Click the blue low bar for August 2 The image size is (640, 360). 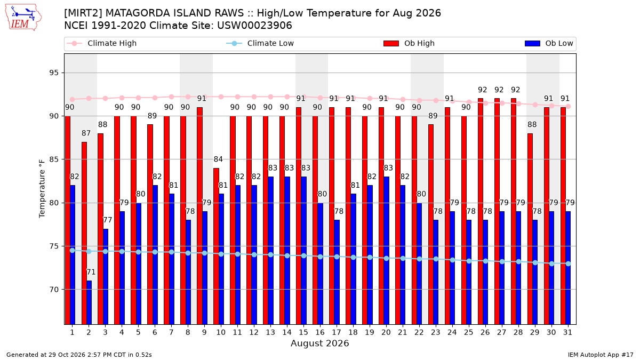click(89, 302)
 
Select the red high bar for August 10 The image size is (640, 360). click(217, 246)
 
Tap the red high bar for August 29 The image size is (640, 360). click(530, 229)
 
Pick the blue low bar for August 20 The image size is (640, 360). click(386, 251)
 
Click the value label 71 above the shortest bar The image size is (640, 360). click(91, 272)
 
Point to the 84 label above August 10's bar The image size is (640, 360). click(218, 159)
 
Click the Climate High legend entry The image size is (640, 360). click(101, 43)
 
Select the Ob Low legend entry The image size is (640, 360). click(549, 43)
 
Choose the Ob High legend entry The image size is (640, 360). click(409, 43)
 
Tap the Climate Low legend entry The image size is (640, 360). click(260, 43)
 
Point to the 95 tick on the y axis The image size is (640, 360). click(54, 73)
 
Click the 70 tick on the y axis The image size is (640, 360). click(54, 290)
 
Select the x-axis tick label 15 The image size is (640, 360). click(303, 332)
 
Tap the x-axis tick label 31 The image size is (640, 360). click(567, 332)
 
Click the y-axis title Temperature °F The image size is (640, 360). click(42, 189)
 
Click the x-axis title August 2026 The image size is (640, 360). click(319, 343)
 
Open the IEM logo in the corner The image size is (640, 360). click(23, 18)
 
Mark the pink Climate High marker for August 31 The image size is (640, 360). click(569, 106)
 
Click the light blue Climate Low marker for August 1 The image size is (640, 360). click(73, 250)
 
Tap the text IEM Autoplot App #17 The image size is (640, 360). click(601, 355)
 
